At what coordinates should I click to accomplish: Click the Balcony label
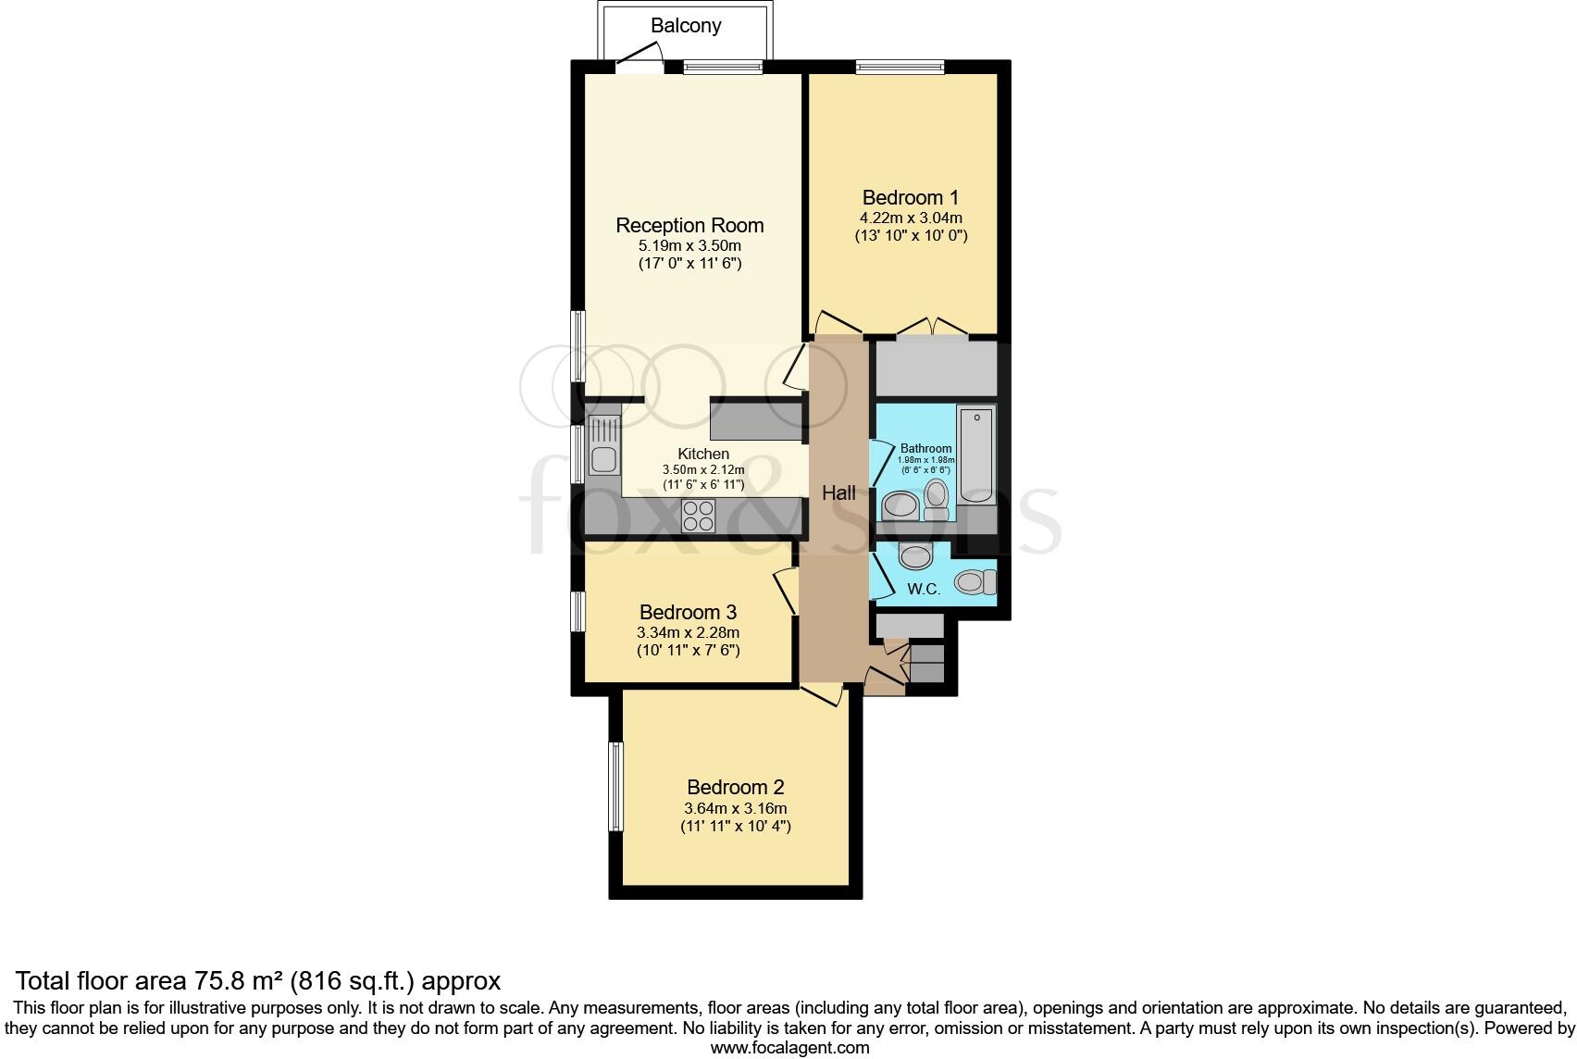tap(685, 26)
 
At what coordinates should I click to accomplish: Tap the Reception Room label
tap(689, 225)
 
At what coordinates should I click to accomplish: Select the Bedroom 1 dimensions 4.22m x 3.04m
tap(911, 218)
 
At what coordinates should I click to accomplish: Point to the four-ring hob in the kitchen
tap(698, 516)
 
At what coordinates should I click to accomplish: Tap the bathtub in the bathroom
tap(975, 454)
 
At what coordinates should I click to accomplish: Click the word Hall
tap(838, 493)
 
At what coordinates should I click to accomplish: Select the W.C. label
tap(924, 590)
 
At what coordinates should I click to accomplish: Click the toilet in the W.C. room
tap(975, 582)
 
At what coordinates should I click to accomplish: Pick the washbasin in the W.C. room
tap(916, 556)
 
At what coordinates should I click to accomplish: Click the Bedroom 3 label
tap(688, 612)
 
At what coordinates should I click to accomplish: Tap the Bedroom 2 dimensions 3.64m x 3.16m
tap(735, 808)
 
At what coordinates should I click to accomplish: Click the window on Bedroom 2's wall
tap(615, 786)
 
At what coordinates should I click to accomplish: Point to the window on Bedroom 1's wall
tap(900, 66)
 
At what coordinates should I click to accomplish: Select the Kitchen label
tap(703, 454)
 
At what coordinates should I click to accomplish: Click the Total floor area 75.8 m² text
tap(258, 980)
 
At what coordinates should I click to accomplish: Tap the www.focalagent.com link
tap(789, 1048)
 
